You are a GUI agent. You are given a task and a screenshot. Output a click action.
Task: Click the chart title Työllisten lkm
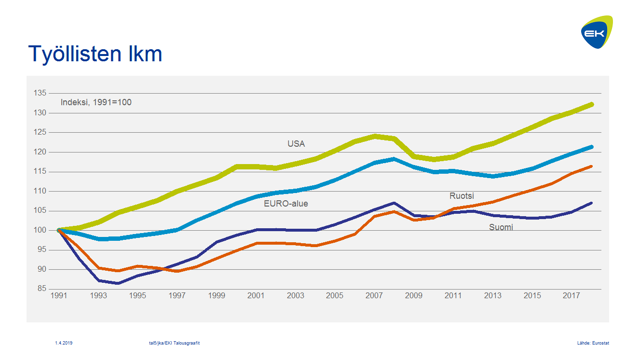coord(95,54)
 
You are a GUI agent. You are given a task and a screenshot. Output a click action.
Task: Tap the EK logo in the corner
coord(597,32)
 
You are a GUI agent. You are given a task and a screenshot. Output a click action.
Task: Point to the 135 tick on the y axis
coord(40,93)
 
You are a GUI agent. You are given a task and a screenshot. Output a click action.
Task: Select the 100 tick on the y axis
coord(40,230)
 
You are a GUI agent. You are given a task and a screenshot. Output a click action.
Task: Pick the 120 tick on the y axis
coord(40,152)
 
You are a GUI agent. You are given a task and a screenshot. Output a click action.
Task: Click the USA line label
coord(296,144)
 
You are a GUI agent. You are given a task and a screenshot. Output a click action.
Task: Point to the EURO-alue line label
coord(286,204)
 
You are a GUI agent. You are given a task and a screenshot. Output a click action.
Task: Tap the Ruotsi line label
coord(462,196)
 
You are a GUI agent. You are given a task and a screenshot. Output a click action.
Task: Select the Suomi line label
coord(501,227)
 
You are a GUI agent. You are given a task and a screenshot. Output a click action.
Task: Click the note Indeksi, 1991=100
coord(96,102)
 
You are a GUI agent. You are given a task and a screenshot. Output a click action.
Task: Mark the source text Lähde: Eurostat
coord(593,343)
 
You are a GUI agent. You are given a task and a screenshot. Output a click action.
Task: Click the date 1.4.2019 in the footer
coord(64,343)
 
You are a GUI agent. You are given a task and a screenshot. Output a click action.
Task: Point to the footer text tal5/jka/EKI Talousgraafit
coord(175,343)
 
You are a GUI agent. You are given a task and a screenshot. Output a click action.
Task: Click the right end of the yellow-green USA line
coord(591,104)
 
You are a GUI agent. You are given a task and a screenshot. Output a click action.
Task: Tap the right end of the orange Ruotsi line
coord(591,166)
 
